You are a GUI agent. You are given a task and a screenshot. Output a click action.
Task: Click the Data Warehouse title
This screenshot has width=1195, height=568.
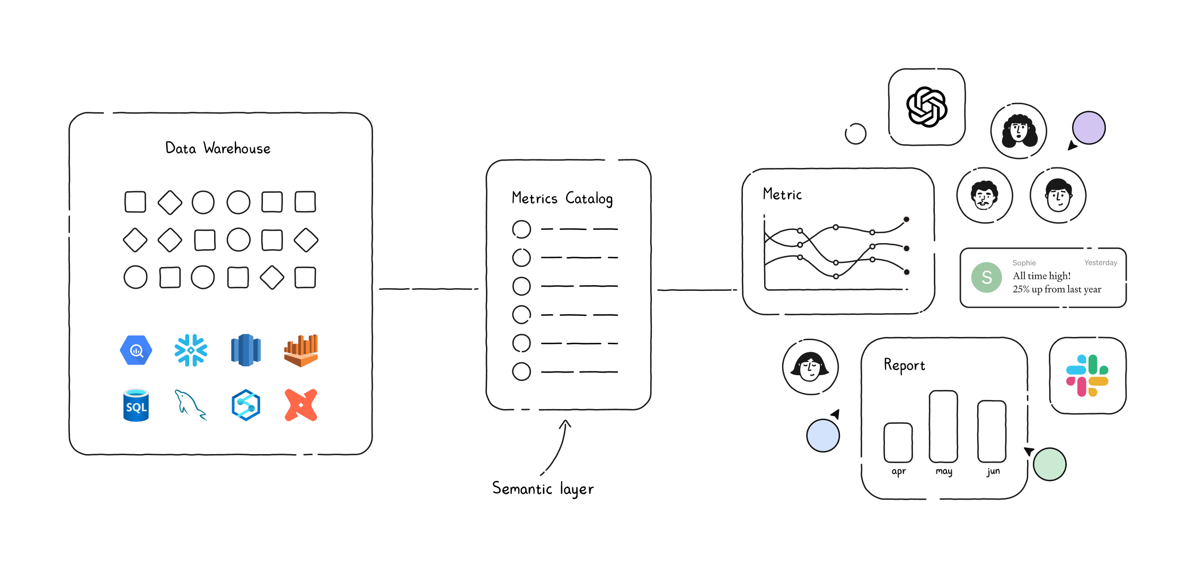(218, 148)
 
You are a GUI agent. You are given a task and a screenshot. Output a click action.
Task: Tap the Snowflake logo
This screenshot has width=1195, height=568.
(191, 350)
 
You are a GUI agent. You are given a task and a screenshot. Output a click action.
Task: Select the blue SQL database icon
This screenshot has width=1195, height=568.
(136, 405)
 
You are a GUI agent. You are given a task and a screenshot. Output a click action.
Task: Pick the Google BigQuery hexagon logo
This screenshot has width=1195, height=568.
(136, 350)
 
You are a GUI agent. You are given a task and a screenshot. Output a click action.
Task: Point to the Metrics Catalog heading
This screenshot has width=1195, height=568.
(562, 199)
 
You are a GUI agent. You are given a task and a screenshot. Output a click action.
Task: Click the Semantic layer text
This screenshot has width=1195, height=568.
(543, 489)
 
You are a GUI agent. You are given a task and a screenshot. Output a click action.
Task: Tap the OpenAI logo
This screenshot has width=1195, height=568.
(926, 107)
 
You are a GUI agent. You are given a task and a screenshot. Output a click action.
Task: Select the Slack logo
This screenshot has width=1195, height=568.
(1087, 376)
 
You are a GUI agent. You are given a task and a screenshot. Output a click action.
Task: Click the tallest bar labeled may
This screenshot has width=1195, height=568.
(943, 427)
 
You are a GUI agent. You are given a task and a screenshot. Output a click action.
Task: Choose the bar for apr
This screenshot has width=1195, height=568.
(898, 442)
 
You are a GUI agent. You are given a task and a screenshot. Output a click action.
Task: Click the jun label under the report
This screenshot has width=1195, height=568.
(993, 471)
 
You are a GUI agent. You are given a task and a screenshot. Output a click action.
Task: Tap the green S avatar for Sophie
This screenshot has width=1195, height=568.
(986, 277)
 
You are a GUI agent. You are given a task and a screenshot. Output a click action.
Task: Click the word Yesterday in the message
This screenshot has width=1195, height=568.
(1100, 263)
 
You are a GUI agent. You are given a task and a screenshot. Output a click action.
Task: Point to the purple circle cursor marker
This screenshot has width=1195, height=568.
(1088, 128)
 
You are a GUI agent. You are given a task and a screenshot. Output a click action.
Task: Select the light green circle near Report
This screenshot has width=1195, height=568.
(1049, 464)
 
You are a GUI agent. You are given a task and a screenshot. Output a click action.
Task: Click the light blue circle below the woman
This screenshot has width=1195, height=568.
(822, 436)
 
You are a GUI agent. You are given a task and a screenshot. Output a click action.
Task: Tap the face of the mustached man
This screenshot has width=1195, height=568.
(984, 196)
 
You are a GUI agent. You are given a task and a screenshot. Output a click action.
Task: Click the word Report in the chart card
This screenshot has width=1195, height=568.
(904, 366)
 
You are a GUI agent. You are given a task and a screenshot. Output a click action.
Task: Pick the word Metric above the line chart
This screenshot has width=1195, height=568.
(782, 194)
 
